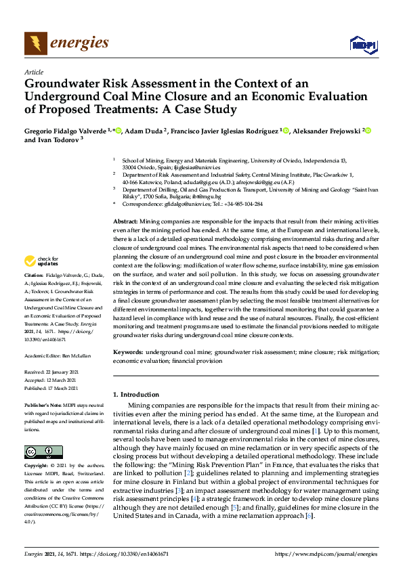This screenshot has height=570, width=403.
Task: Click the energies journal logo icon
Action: coord(35,43)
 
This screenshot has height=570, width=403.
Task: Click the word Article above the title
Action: coord(33,72)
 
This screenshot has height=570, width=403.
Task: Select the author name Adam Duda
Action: coord(144,131)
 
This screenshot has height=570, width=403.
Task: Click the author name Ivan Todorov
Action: coord(57,140)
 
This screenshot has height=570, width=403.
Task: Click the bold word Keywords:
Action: coord(127,352)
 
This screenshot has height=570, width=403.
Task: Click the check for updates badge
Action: coord(41,261)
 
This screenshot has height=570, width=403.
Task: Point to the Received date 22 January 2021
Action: coord(64,372)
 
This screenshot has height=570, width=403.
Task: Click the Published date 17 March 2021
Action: coord(65,388)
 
